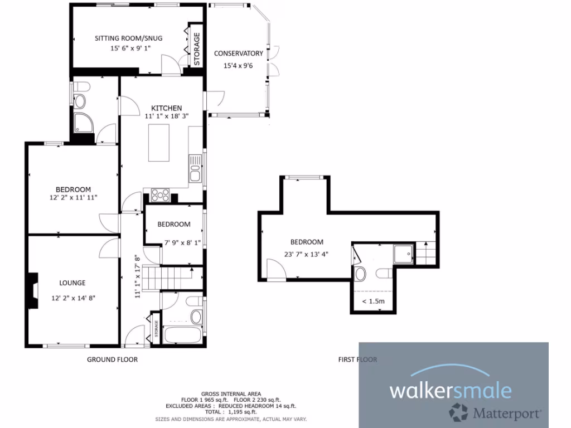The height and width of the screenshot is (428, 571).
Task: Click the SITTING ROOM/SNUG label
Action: pyautogui.click(x=128, y=38)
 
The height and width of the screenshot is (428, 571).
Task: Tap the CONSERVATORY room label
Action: pyautogui.click(x=238, y=53)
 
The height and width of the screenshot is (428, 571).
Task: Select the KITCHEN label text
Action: pyautogui.click(x=167, y=108)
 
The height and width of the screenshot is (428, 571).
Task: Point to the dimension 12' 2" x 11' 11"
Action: pyautogui.click(x=74, y=198)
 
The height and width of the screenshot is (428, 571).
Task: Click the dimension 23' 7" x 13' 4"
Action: pyautogui.click(x=306, y=254)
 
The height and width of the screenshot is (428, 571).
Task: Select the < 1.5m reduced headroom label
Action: pyautogui.click(x=372, y=301)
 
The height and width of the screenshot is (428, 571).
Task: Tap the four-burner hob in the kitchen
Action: pyautogui.click(x=161, y=195)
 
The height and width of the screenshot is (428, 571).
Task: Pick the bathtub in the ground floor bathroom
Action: pyautogui.click(x=182, y=336)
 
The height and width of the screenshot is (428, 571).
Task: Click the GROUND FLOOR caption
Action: pyautogui.click(x=112, y=359)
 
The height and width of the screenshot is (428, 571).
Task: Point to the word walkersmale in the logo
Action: pyautogui.click(x=450, y=390)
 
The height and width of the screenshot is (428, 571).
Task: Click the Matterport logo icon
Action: pyautogui.click(x=459, y=413)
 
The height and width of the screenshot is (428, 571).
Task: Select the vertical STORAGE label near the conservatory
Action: pyautogui.click(x=196, y=48)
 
